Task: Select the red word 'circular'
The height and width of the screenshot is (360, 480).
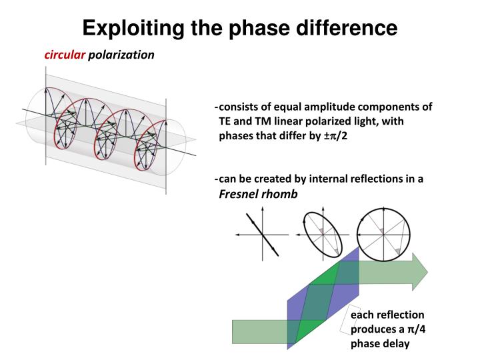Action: pyautogui.click(x=65, y=55)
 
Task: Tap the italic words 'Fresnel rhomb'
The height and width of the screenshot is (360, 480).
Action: pyautogui.click(x=259, y=193)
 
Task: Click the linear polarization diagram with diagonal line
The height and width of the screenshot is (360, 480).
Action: pyautogui.click(x=262, y=234)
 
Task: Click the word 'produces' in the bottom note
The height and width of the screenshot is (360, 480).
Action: pyautogui.click(x=374, y=329)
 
